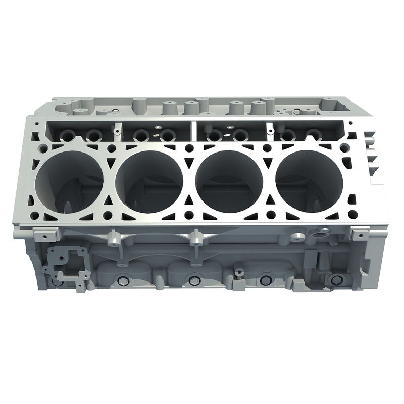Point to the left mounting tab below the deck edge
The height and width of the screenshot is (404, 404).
[x=44, y=235]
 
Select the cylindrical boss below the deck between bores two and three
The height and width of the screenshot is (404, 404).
[x=194, y=237]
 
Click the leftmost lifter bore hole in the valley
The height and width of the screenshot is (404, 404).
[x=67, y=135]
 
